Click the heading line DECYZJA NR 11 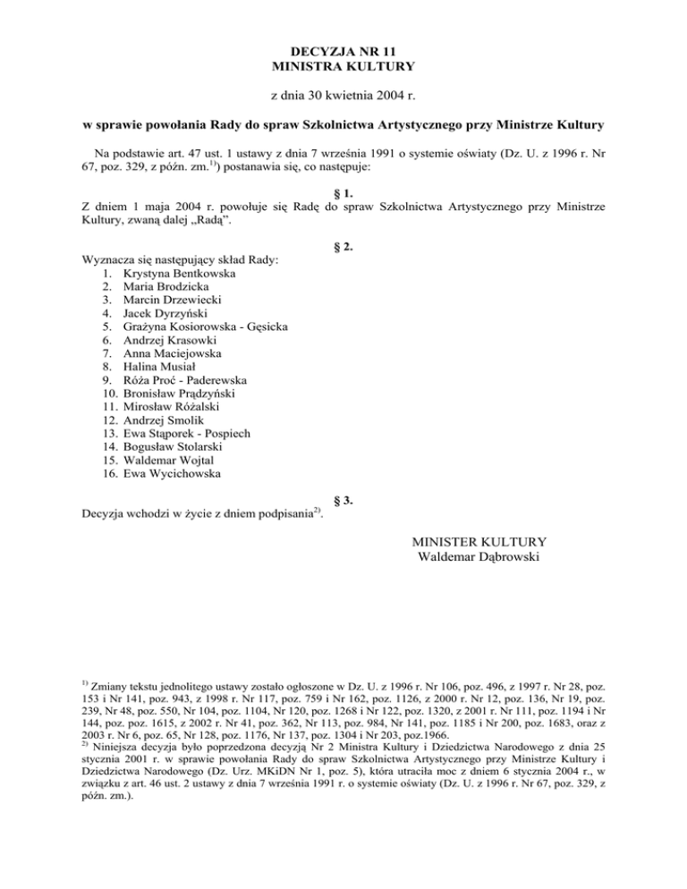click(x=343, y=52)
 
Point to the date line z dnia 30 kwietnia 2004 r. click(x=343, y=94)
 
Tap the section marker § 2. click(x=343, y=246)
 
